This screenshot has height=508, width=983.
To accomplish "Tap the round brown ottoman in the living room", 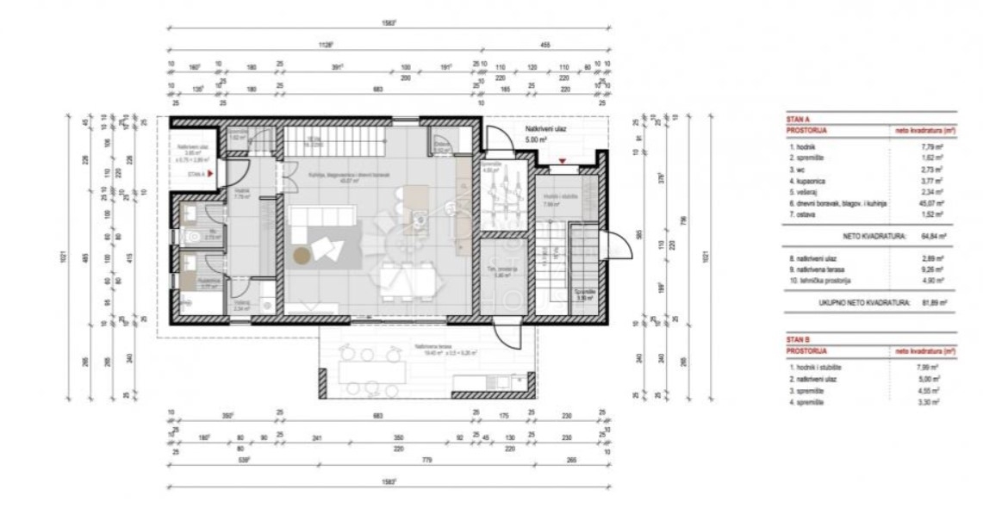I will point(301,255).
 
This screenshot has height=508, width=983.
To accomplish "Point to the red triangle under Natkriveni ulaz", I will point(563,161).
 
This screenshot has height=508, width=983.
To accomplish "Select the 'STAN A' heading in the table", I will point(798,119).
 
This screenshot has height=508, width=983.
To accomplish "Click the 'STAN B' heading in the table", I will point(798,340).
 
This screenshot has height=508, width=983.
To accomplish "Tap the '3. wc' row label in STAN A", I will point(798,169).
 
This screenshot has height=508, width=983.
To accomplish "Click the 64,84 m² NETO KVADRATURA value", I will point(930,233).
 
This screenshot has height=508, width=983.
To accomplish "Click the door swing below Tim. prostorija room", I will point(502,333).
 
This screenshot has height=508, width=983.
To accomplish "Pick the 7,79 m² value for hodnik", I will point(930,146).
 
